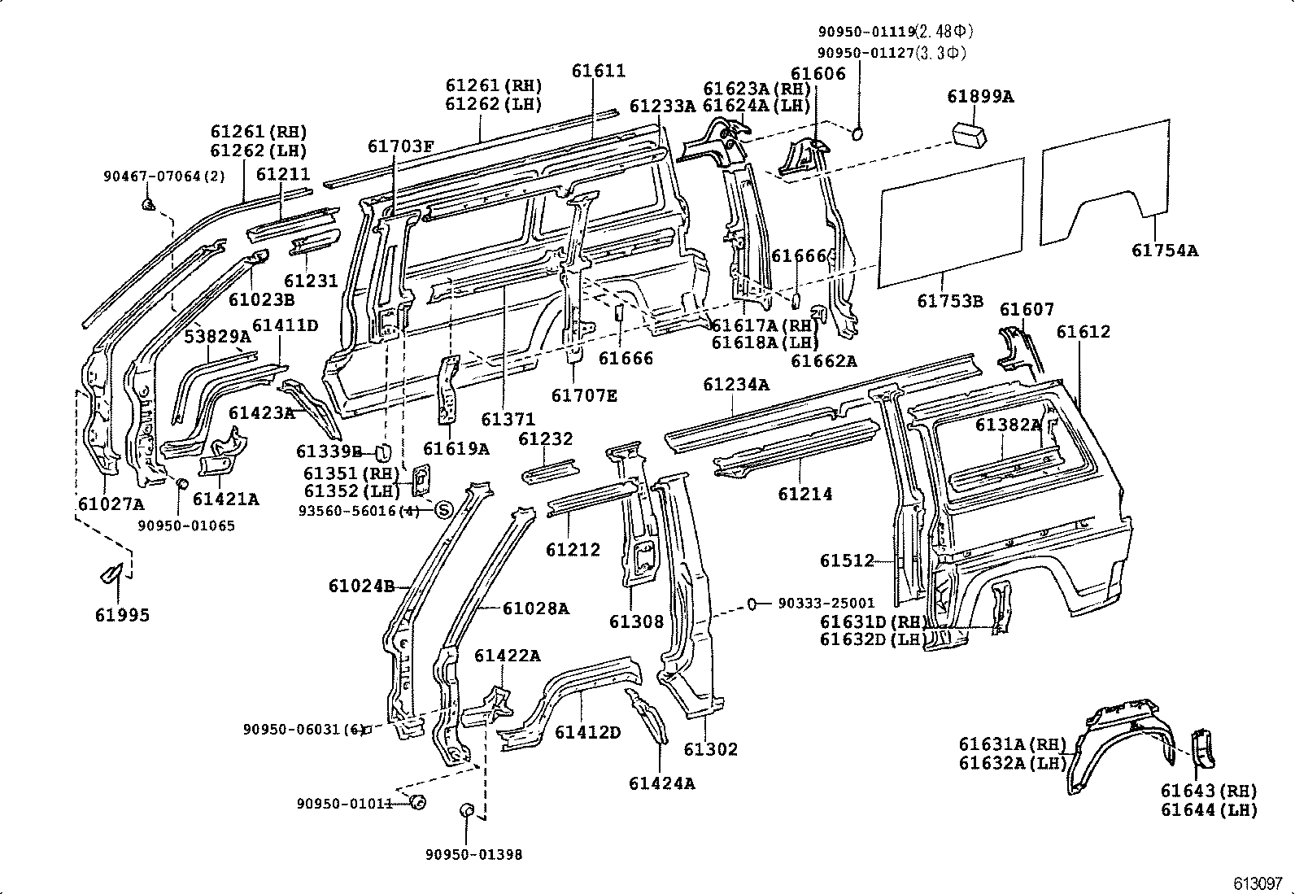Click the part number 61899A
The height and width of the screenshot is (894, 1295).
(x=980, y=97)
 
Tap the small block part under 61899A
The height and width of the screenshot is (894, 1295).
(x=970, y=133)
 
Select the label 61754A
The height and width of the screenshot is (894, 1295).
(x=1164, y=251)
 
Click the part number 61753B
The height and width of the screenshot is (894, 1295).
(x=949, y=301)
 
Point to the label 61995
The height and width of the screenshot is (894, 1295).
(x=122, y=615)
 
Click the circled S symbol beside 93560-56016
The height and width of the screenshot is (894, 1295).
(x=443, y=511)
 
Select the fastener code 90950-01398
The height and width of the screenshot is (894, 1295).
(x=473, y=854)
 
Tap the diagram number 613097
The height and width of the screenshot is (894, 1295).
(x=1257, y=883)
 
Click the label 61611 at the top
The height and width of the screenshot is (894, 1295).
(x=598, y=71)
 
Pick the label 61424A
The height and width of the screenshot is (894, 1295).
(x=661, y=783)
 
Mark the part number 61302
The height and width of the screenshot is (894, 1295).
(x=710, y=749)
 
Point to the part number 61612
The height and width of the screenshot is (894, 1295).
(x=1083, y=332)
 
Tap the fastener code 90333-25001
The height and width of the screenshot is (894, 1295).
(x=826, y=604)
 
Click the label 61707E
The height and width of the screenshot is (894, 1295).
(x=583, y=396)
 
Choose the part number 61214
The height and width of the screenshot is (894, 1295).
(x=804, y=494)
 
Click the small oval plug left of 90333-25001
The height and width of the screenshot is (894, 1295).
(x=753, y=604)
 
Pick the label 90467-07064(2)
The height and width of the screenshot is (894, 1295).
(x=164, y=177)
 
